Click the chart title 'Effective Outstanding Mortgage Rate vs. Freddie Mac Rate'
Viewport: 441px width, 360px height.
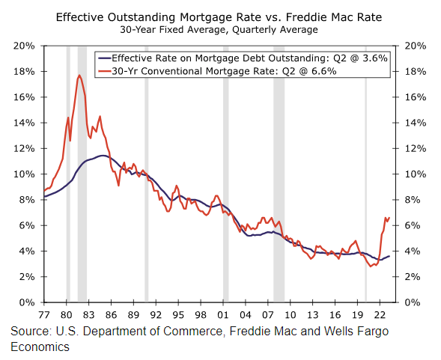(219, 17)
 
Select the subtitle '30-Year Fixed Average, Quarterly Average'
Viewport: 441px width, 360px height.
(219, 30)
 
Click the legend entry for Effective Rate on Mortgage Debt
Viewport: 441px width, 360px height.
(243, 58)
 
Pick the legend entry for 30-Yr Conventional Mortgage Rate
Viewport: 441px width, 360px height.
(217, 71)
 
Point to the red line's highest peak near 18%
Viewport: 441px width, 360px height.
(79, 75)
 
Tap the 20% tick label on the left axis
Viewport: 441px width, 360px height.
(24, 46)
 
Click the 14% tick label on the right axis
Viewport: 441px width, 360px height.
(416, 123)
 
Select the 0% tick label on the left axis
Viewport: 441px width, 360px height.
(27, 302)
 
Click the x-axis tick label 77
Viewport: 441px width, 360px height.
(44, 314)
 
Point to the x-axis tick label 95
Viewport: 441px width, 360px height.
(178, 314)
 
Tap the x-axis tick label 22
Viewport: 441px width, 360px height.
(380, 314)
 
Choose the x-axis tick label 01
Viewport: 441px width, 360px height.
(223, 314)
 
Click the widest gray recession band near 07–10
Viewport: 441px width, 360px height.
(279, 174)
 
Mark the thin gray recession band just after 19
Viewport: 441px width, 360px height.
(366, 174)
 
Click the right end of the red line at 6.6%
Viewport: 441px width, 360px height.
(389, 217)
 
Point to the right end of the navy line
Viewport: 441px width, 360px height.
(389, 256)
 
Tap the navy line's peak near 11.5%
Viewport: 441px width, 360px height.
(103, 155)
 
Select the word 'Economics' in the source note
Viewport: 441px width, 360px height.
(40, 347)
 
